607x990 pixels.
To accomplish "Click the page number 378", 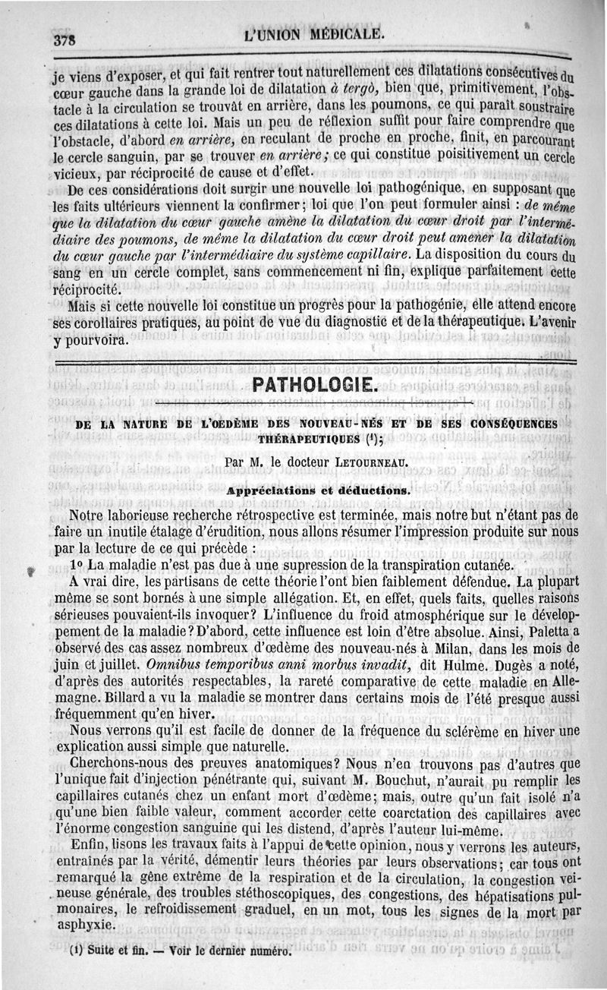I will pos(67,39).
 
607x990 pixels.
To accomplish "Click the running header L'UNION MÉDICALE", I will pos(316,34).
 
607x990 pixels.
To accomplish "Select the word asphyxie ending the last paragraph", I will pos(86,927).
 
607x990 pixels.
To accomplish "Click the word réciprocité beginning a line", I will pos(85,289).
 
